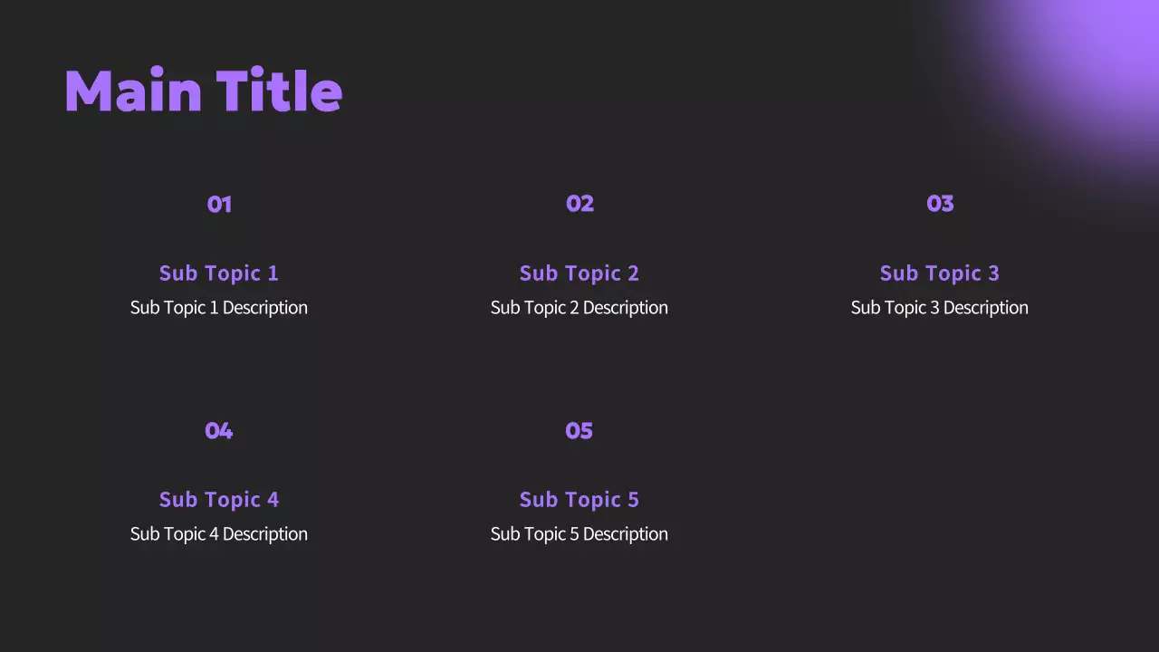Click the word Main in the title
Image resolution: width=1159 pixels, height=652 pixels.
(133, 91)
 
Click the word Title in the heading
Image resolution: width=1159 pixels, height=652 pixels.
(279, 91)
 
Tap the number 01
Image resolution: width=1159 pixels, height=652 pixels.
(219, 204)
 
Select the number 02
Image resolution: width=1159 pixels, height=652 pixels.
(579, 204)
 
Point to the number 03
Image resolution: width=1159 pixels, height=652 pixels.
(940, 204)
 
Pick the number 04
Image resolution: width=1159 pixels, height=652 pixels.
(219, 430)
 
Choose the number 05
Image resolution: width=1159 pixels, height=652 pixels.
(579, 430)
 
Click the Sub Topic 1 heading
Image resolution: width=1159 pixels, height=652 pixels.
(219, 273)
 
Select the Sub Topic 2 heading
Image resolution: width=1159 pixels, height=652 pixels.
(579, 273)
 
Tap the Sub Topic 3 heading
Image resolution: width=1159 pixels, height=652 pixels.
(940, 273)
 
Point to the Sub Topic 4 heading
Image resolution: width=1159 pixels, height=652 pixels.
(219, 499)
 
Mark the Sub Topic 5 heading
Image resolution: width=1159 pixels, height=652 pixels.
(579, 499)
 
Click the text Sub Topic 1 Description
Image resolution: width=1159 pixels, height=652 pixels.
(219, 307)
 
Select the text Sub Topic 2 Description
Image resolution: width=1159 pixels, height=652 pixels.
(579, 307)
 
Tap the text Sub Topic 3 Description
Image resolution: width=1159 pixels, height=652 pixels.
(940, 307)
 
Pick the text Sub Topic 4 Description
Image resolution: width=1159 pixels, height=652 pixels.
(219, 533)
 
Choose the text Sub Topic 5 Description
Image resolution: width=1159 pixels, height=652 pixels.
(579, 533)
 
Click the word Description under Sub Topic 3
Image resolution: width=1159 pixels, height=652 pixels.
(985, 307)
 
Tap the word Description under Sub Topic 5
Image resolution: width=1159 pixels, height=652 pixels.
(625, 533)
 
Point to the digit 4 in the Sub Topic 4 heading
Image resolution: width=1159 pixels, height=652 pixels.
(273, 499)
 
